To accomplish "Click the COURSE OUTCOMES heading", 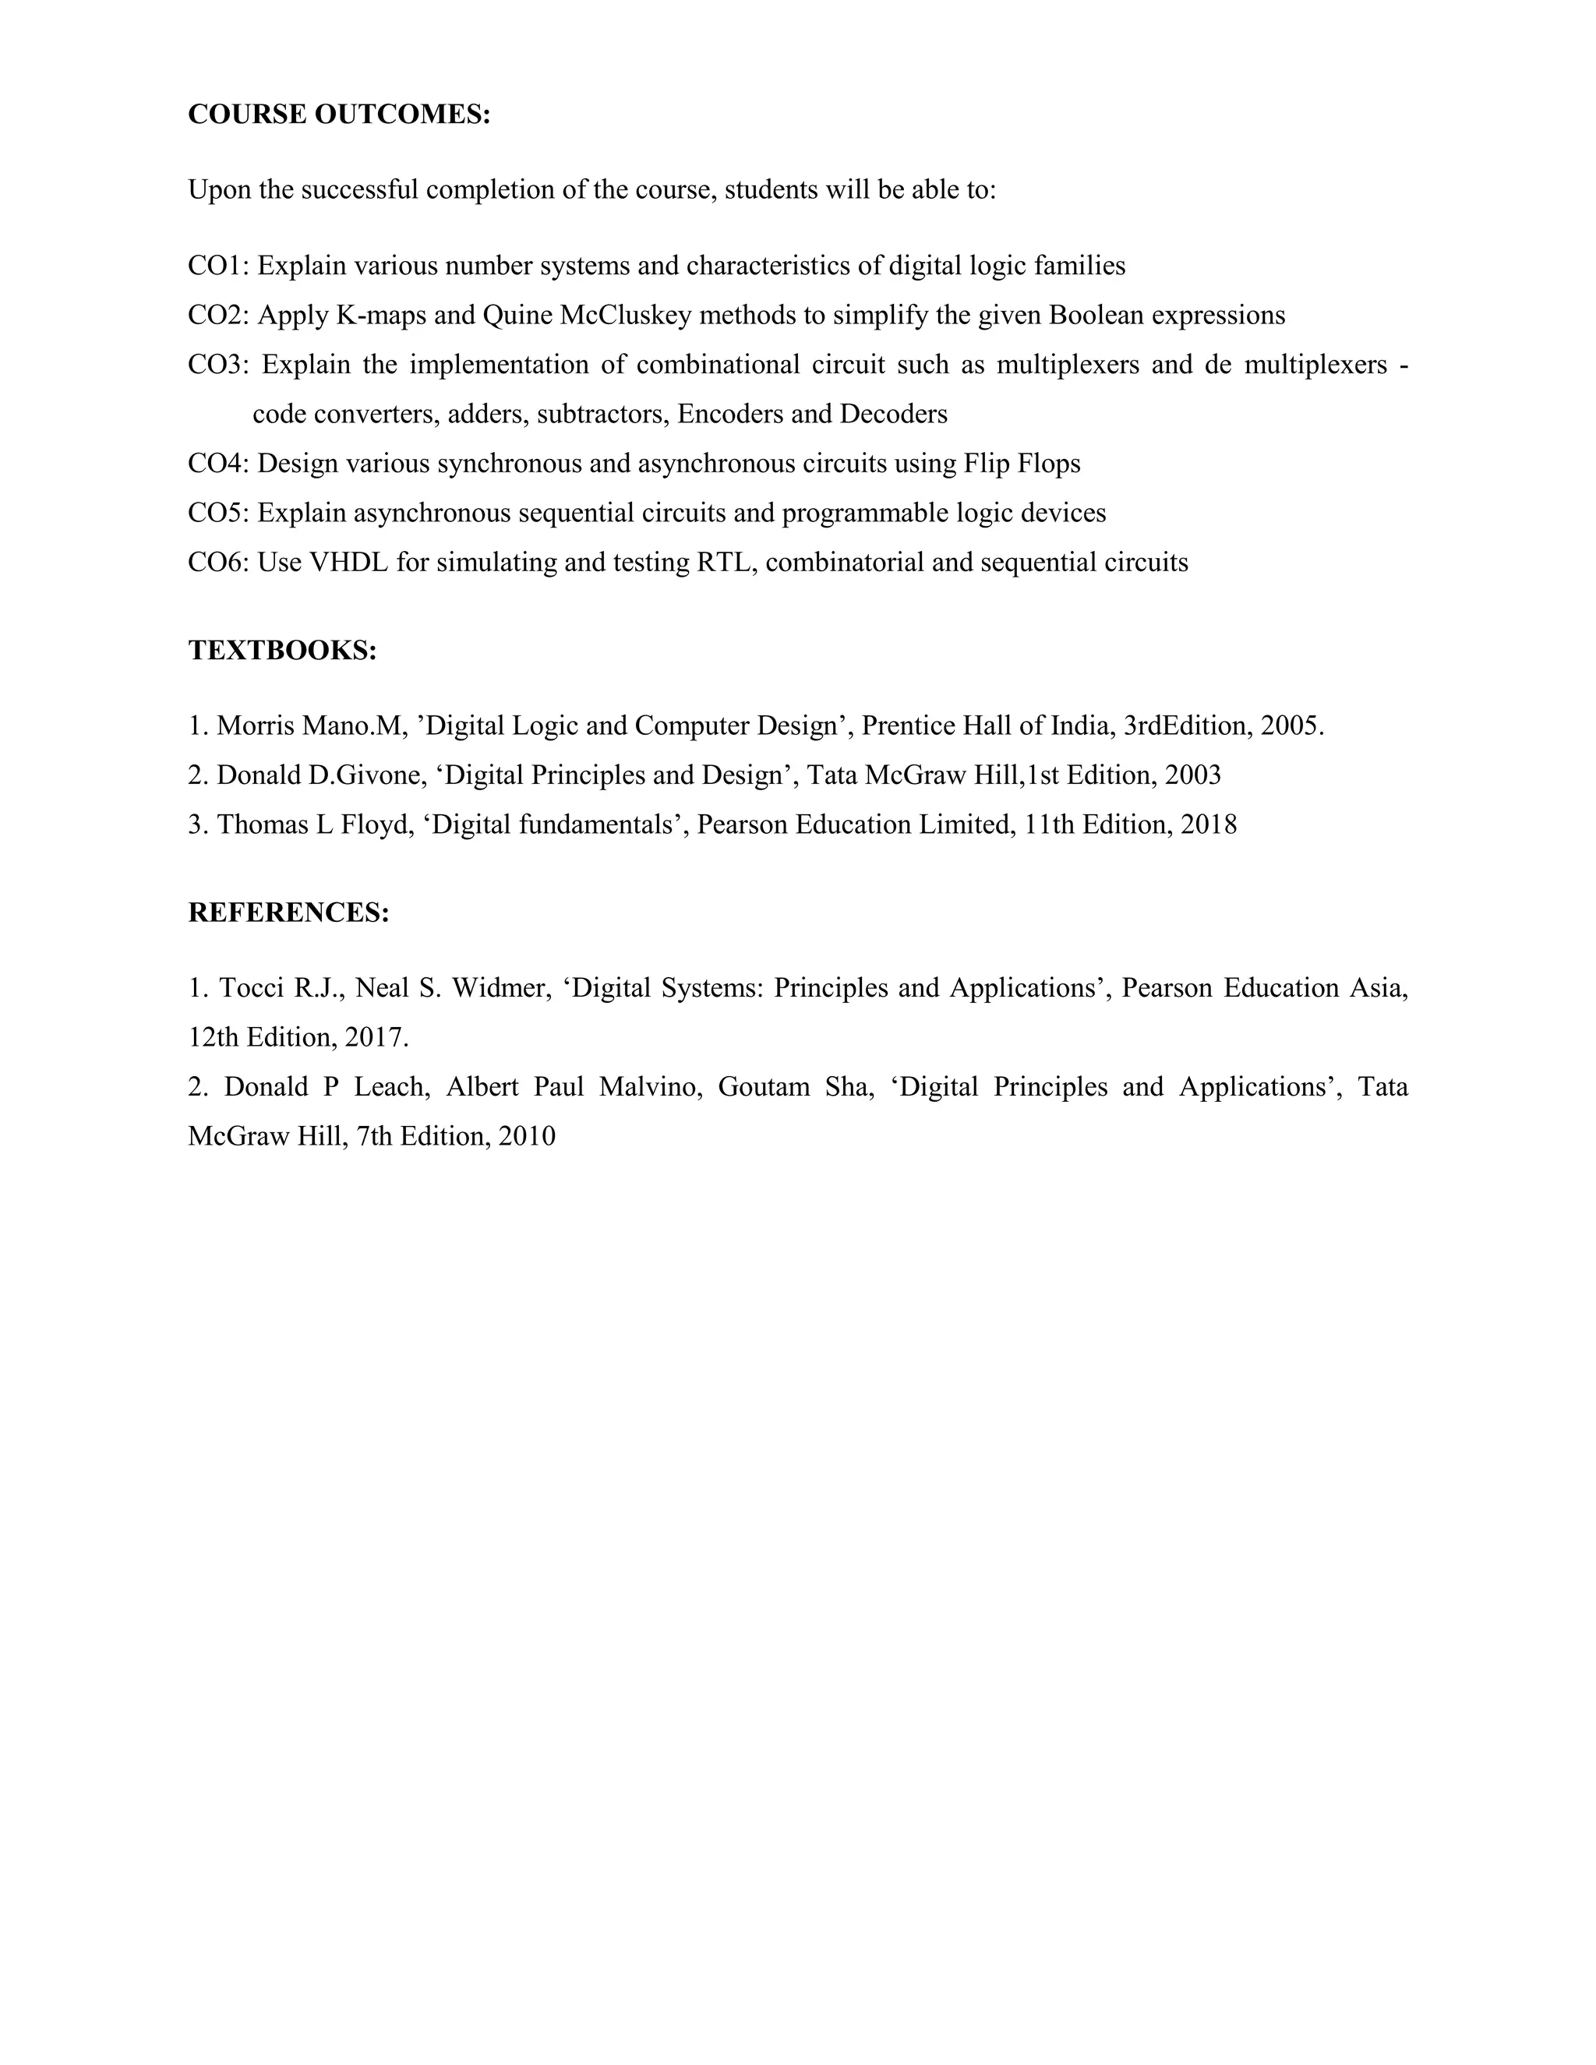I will pos(340,115).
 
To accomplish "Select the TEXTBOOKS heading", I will pos(283,651).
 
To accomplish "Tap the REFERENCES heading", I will pos(288,912).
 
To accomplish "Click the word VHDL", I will pos(349,563).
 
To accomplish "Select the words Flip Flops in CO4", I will pos(1022,464).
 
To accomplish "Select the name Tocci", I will pos(252,988).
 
